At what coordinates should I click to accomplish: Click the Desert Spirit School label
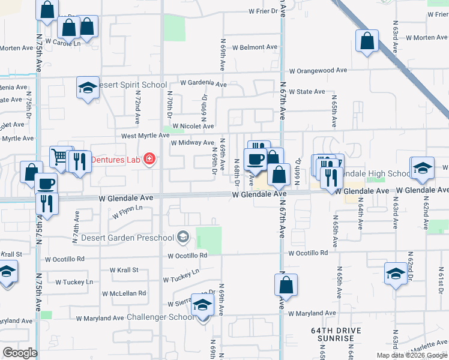[133, 85]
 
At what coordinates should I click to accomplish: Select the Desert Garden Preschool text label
[138, 238]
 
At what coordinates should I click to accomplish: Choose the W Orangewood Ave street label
[318, 70]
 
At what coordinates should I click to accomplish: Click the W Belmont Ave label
[255, 47]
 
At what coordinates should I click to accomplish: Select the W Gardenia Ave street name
[203, 83]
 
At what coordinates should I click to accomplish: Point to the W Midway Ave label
[192, 143]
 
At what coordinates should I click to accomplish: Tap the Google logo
[20, 352]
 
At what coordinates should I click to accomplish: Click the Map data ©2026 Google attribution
[408, 355]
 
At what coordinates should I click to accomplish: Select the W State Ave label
[307, 92]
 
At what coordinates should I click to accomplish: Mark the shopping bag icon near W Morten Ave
[367, 41]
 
